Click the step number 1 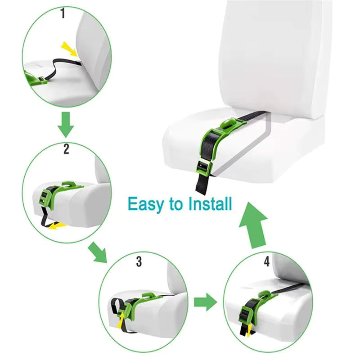point(63,14)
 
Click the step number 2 point(66,149)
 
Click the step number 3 point(139,261)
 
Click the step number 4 point(266,261)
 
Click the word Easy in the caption point(147,203)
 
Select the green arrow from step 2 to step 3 point(99,252)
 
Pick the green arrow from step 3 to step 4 point(205,302)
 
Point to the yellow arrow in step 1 point(69,48)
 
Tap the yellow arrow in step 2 point(56,225)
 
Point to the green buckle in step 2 point(46,197)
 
